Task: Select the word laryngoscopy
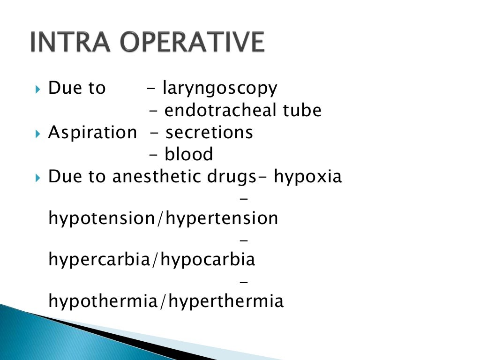coord(220,88)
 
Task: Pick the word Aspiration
coord(92,133)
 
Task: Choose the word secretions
coord(209,133)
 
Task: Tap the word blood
coord(189,155)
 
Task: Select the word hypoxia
coord(308,177)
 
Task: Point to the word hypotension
coord(102,218)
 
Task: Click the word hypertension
coord(223,218)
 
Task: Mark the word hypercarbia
coord(98,260)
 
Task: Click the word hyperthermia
coord(226,301)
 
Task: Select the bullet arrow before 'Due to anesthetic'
coord(38,178)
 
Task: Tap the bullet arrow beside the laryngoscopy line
coord(38,89)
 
